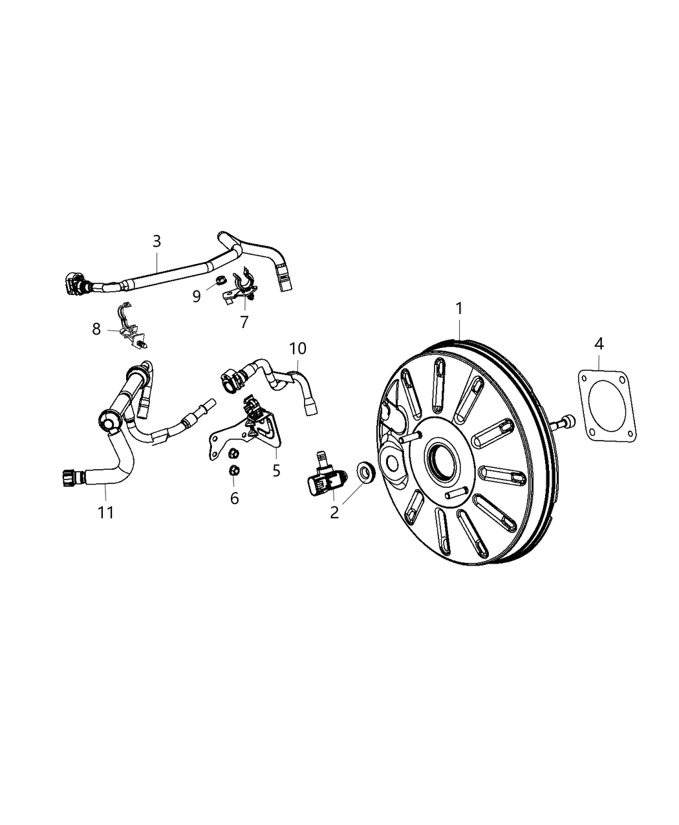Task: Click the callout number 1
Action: point(458,309)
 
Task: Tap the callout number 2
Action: point(334,513)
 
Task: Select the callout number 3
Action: point(157,241)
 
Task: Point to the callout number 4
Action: point(599,344)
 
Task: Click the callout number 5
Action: point(276,471)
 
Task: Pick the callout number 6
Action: point(234,498)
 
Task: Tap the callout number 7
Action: point(244,322)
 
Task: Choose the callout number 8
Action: point(96,329)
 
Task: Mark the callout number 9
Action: point(197,296)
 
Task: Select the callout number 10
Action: point(297,349)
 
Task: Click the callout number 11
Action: point(105,512)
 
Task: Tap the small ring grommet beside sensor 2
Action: point(366,472)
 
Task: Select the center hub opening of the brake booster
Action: point(444,460)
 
